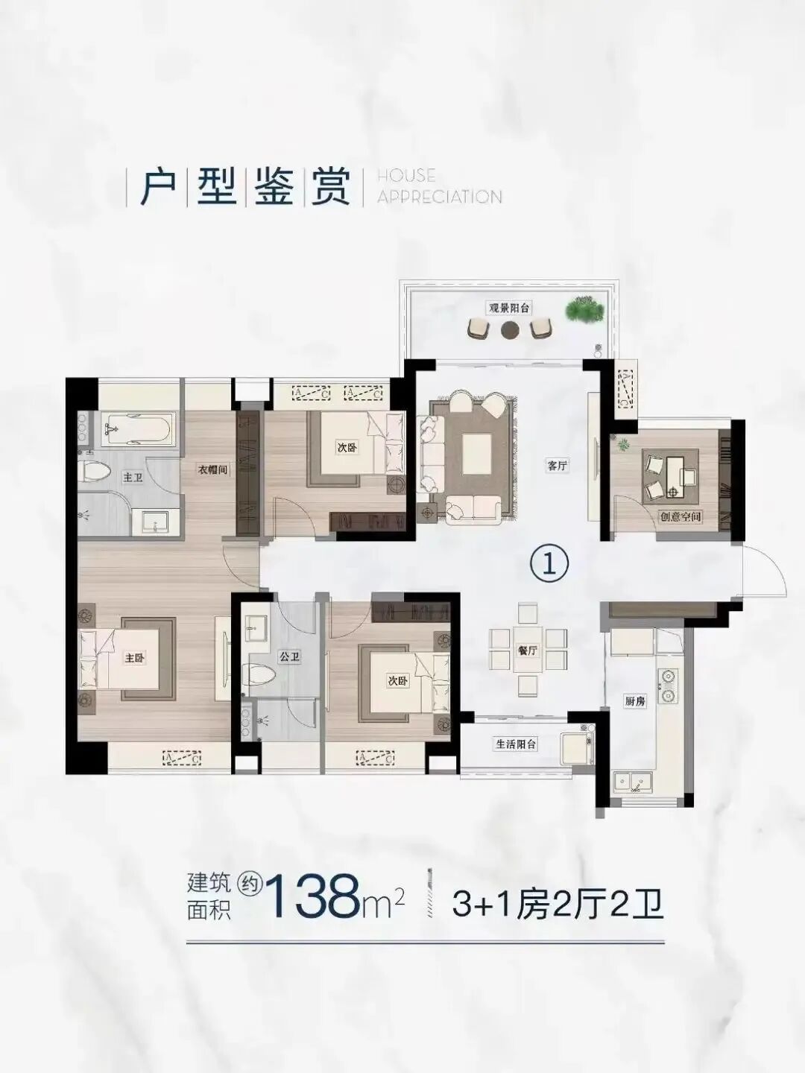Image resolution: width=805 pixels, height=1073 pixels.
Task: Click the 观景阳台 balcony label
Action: [x=510, y=307]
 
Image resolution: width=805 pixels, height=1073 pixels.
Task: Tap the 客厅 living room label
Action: [x=558, y=466]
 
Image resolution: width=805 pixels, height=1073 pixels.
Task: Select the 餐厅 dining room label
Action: [x=527, y=650]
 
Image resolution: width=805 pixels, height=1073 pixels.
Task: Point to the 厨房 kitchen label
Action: [x=634, y=701]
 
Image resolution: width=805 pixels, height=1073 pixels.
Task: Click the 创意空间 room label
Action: [x=681, y=516]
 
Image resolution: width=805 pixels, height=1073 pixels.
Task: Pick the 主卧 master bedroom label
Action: [x=135, y=658]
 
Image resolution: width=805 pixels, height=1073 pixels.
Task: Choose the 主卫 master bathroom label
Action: [x=133, y=477]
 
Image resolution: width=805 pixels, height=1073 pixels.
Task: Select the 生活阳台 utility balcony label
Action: [x=516, y=744]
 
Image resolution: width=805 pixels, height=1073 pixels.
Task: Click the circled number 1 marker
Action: [x=549, y=564]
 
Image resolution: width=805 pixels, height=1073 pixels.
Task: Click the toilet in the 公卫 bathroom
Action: [x=259, y=674]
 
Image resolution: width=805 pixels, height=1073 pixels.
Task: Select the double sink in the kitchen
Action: [x=633, y=782]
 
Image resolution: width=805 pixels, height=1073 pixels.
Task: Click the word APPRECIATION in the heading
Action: [x=439, y=197]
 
